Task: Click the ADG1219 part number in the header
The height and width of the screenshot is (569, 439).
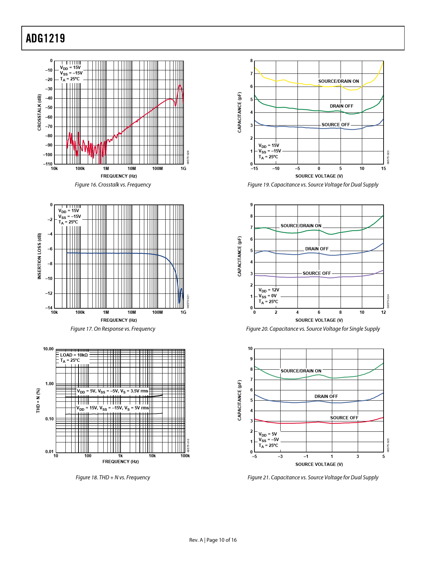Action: [x=45, y=38]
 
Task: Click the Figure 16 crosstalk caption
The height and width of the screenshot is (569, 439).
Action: [x=113, y=185]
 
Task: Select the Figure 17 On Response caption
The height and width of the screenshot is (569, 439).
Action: [x=113, y=329]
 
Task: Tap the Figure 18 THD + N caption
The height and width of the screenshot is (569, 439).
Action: [x=113, y=478]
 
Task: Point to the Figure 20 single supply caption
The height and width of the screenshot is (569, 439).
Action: [x=313, y=329]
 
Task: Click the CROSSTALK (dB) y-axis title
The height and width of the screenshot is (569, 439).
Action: [x=39, y=112]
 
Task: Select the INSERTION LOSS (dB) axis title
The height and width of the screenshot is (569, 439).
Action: [x=39, y=256]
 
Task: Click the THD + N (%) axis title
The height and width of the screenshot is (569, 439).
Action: [x=38, y=400]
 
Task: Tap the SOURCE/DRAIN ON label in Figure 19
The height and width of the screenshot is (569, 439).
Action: [x=338, y=81]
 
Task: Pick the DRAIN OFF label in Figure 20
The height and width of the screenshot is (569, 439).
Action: [x=317, y=249]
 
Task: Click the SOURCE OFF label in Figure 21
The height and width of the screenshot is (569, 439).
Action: [x=344, y=418]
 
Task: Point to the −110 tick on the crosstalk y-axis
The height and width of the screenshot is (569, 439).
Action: [x=48, y=164]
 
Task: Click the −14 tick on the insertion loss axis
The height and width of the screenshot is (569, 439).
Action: [x=50, y=308]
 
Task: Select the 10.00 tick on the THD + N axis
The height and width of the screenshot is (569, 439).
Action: [x=48, y=349]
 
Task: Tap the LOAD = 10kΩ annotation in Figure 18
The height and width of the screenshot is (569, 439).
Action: [x=74, y=355]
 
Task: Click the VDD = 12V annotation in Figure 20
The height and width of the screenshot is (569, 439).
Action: [x=269, y=290]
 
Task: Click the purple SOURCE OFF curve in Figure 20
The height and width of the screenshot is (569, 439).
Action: [x=275, y=277]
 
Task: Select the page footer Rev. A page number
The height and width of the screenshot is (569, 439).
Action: [x=213, y=540]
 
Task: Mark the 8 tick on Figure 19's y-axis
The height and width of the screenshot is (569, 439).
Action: [x=251, y=61]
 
